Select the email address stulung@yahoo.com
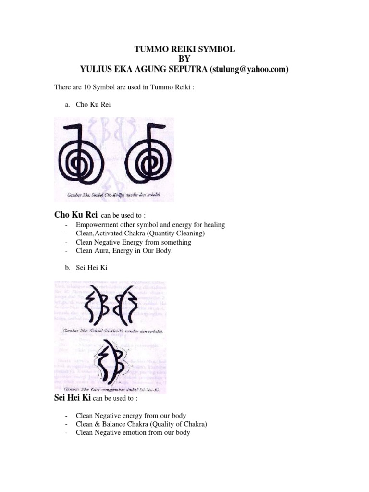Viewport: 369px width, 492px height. click(248, 70)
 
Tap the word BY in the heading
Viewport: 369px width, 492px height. click(185, 60)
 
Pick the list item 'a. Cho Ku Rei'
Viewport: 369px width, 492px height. click(88, 104)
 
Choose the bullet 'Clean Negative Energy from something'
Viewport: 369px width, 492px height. click(133, 242)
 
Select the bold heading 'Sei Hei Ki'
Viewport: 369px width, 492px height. click(70, 398)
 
